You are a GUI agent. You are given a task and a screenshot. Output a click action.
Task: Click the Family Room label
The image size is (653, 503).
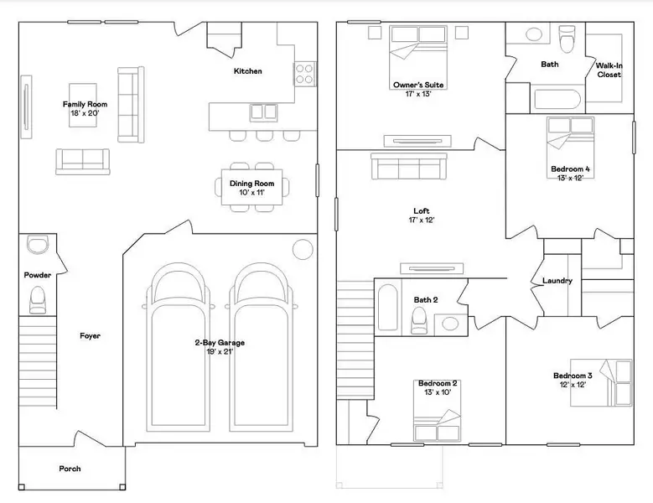tap(86, 104)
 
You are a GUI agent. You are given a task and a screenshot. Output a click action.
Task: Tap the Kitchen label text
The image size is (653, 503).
tap(247, 71)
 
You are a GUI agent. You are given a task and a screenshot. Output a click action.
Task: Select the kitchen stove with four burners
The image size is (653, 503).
tap(304, 74)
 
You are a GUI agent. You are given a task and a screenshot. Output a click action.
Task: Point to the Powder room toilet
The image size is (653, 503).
tap(38, 298)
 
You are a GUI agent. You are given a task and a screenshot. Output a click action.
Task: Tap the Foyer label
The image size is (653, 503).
tap(90, 336)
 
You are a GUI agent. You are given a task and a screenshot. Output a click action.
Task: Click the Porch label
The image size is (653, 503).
tap(70, 469)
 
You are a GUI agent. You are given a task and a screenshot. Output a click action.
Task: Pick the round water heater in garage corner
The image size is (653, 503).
tap(302, 249)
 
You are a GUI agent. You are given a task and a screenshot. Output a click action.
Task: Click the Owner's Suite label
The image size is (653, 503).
tap(418, 85)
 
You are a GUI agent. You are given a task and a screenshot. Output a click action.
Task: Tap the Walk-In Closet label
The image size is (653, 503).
tap(608, 70)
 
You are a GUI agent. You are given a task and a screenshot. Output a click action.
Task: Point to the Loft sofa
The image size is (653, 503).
tap(407, 169)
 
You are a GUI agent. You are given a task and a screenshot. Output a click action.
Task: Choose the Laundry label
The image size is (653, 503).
tap(557, 281)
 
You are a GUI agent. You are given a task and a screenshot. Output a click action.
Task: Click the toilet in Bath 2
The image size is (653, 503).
tap(419, 319)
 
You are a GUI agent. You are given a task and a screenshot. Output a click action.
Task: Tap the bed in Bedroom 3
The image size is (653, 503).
tap(616, 381)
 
